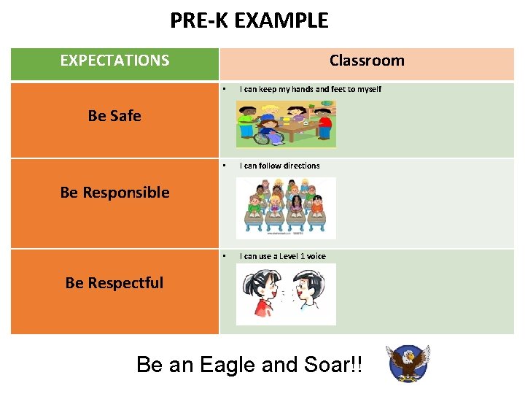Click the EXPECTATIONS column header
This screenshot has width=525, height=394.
pos(114,61)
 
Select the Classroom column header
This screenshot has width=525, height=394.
pos(366,61)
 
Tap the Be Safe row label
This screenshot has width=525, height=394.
pos(114,116)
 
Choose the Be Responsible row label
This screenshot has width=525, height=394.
pos(114,193)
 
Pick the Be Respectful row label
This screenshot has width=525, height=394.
pos(114,283)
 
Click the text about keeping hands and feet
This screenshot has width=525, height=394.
pos(310,89)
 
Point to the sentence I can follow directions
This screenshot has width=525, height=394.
pos(279,166)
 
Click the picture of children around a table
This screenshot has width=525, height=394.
pos(286,123)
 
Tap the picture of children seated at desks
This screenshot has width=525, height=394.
pos(286,207)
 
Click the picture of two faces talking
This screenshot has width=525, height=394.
pos(286,294)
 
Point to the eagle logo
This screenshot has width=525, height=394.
pos(408,363)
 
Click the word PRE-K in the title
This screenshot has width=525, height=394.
pos(196,20)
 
